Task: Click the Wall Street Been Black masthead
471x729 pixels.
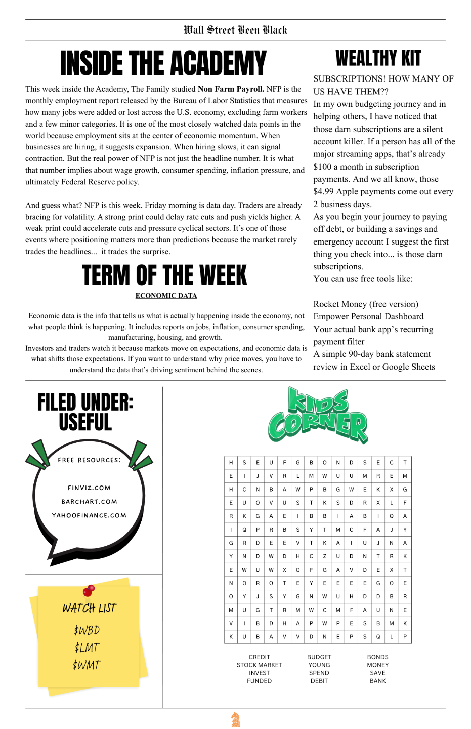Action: point(235,30)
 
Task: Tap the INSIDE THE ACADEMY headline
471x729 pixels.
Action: point(163,64)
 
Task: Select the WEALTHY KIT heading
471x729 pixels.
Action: point(378,59)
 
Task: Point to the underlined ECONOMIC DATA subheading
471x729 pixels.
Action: point(166,296)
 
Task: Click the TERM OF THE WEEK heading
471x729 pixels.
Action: point(164,276)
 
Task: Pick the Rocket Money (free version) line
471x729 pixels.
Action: point(366,304)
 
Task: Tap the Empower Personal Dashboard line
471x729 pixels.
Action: point(368,317)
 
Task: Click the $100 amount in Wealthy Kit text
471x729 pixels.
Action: point(322,167)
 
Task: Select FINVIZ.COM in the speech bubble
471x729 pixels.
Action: point(89,488)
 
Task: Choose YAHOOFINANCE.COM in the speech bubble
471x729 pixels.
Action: point(89,515)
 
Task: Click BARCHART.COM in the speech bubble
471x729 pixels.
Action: point(89,502)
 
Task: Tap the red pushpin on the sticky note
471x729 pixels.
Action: point(89,590)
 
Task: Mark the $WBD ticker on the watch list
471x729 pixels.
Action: point(87,630)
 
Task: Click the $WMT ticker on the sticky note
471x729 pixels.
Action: point(87,665)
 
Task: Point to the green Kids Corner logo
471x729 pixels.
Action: point(318,415)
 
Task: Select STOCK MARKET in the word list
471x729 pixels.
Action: point(259,665)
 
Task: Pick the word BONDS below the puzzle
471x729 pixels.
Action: point(378,657)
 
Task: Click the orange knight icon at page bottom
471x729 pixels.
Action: point(235,719)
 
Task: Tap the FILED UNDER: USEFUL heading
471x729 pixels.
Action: point(85,412)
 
